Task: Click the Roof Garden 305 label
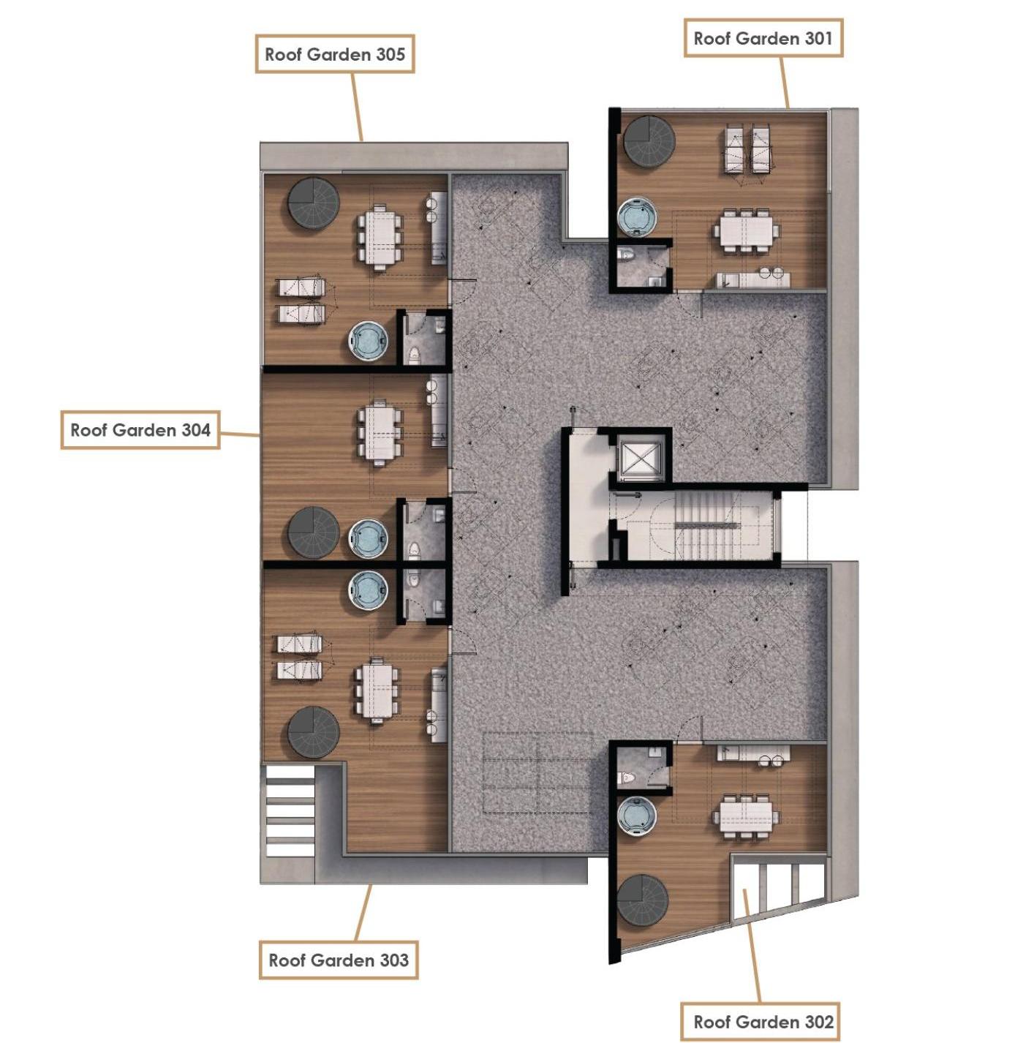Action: click(334, 54)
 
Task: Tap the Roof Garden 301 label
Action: click(763, 38)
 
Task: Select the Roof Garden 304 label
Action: click(140, 430)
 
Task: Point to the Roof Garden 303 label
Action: click(338, 960)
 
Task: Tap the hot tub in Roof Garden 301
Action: click(637, 217)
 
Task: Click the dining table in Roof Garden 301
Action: click(745, 231)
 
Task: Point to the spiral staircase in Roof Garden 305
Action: click(314, 203)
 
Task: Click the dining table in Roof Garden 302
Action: click(745, 816)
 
